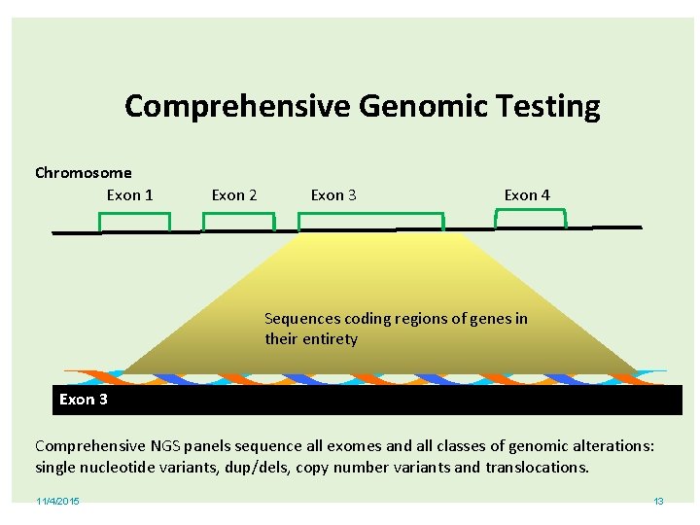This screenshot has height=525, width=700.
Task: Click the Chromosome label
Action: point(83,173)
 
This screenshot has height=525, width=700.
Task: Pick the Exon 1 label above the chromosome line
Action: point(129,195)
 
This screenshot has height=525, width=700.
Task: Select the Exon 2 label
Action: point(234,195)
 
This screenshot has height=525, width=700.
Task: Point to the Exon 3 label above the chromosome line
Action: point(333,195)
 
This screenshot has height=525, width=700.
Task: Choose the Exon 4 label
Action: point(527,195)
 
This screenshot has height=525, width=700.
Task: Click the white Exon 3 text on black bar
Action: point(84,400)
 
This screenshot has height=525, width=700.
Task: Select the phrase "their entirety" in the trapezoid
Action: point(311,339)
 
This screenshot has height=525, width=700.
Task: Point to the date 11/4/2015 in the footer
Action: point(58,502)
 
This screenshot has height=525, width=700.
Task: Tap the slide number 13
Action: point(658,502)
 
